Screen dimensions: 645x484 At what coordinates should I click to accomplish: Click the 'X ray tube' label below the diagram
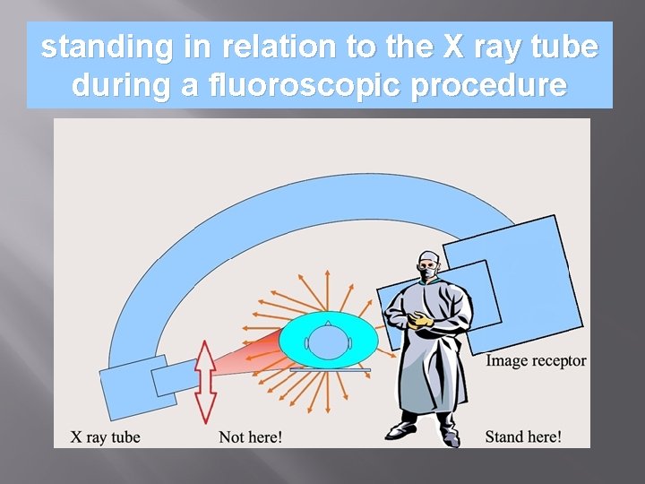click(x=106, y=437)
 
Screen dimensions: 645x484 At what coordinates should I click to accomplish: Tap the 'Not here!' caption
click(x=251, y=437)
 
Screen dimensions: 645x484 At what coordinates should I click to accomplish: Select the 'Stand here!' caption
click(x=523, y=436)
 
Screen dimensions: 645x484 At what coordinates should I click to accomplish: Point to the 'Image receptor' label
click(x=536, y=361)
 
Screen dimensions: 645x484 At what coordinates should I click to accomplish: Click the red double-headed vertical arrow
click(x=206, y=381)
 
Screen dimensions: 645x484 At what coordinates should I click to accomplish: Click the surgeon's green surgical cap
click(x=429, y=257)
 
